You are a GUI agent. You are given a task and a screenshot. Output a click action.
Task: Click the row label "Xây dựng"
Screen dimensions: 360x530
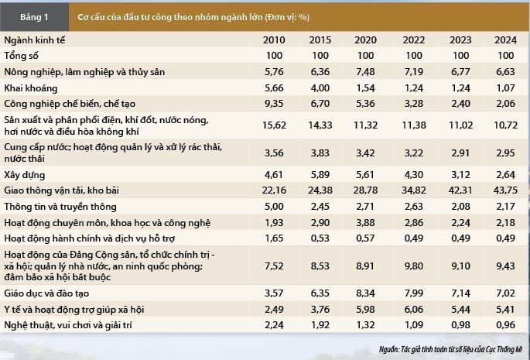pos(25,175)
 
